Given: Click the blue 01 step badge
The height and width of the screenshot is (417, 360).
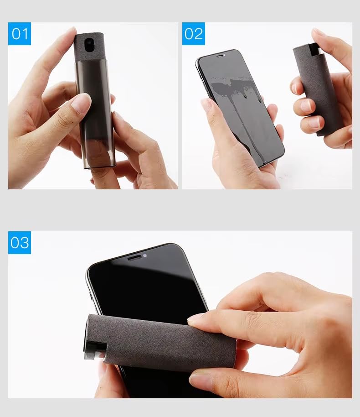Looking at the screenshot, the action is (20, 34).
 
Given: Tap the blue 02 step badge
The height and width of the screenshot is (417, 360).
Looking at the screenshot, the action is (193, 34).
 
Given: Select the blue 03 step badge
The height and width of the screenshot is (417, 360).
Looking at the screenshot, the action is (20, 243).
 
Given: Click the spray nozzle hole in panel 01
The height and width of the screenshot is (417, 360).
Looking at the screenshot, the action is (88, 45).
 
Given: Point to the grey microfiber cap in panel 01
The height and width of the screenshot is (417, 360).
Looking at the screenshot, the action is (89, 47).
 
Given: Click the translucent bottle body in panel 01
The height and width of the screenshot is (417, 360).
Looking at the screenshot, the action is (96, 114).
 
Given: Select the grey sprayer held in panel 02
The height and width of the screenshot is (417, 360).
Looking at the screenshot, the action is (316, 89).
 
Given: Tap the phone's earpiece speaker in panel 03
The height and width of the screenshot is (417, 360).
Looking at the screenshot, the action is (134, 258).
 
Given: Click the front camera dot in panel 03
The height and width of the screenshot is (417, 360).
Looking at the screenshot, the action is (145, 255).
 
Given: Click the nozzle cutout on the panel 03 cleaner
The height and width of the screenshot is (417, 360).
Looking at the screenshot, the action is (96, 350).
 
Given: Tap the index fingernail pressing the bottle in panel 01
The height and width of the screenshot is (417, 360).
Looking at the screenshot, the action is (81, 103).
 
